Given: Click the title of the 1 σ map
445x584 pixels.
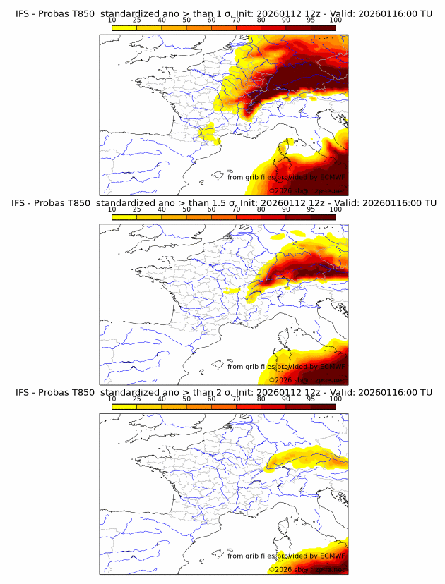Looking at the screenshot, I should click(222, 13).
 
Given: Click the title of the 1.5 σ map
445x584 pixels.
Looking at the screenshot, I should click(222, 202).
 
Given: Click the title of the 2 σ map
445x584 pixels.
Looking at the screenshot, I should click(222, 392).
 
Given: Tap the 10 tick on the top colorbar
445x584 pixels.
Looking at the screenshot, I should click(112, 20).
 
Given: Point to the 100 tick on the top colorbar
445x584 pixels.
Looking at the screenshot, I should click(336, 20).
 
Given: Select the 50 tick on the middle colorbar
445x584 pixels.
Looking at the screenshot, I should click(186, 209).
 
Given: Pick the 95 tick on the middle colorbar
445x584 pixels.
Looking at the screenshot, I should click(311, 209).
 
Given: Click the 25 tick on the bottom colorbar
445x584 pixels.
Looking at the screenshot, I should click(136, 399).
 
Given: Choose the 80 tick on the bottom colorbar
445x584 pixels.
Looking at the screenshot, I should click(261, 399).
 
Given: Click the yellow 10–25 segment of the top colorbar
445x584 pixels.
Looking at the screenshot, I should click(124, 28).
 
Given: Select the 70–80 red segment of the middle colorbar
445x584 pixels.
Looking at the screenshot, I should click(249, 217).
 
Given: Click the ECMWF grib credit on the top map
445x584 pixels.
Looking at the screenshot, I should click(285, 177).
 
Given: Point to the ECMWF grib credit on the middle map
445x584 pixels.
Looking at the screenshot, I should click(285, 367).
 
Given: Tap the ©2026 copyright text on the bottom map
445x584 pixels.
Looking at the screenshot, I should click(307, 569).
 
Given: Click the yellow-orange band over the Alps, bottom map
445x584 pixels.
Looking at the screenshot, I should click(304, 457).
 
